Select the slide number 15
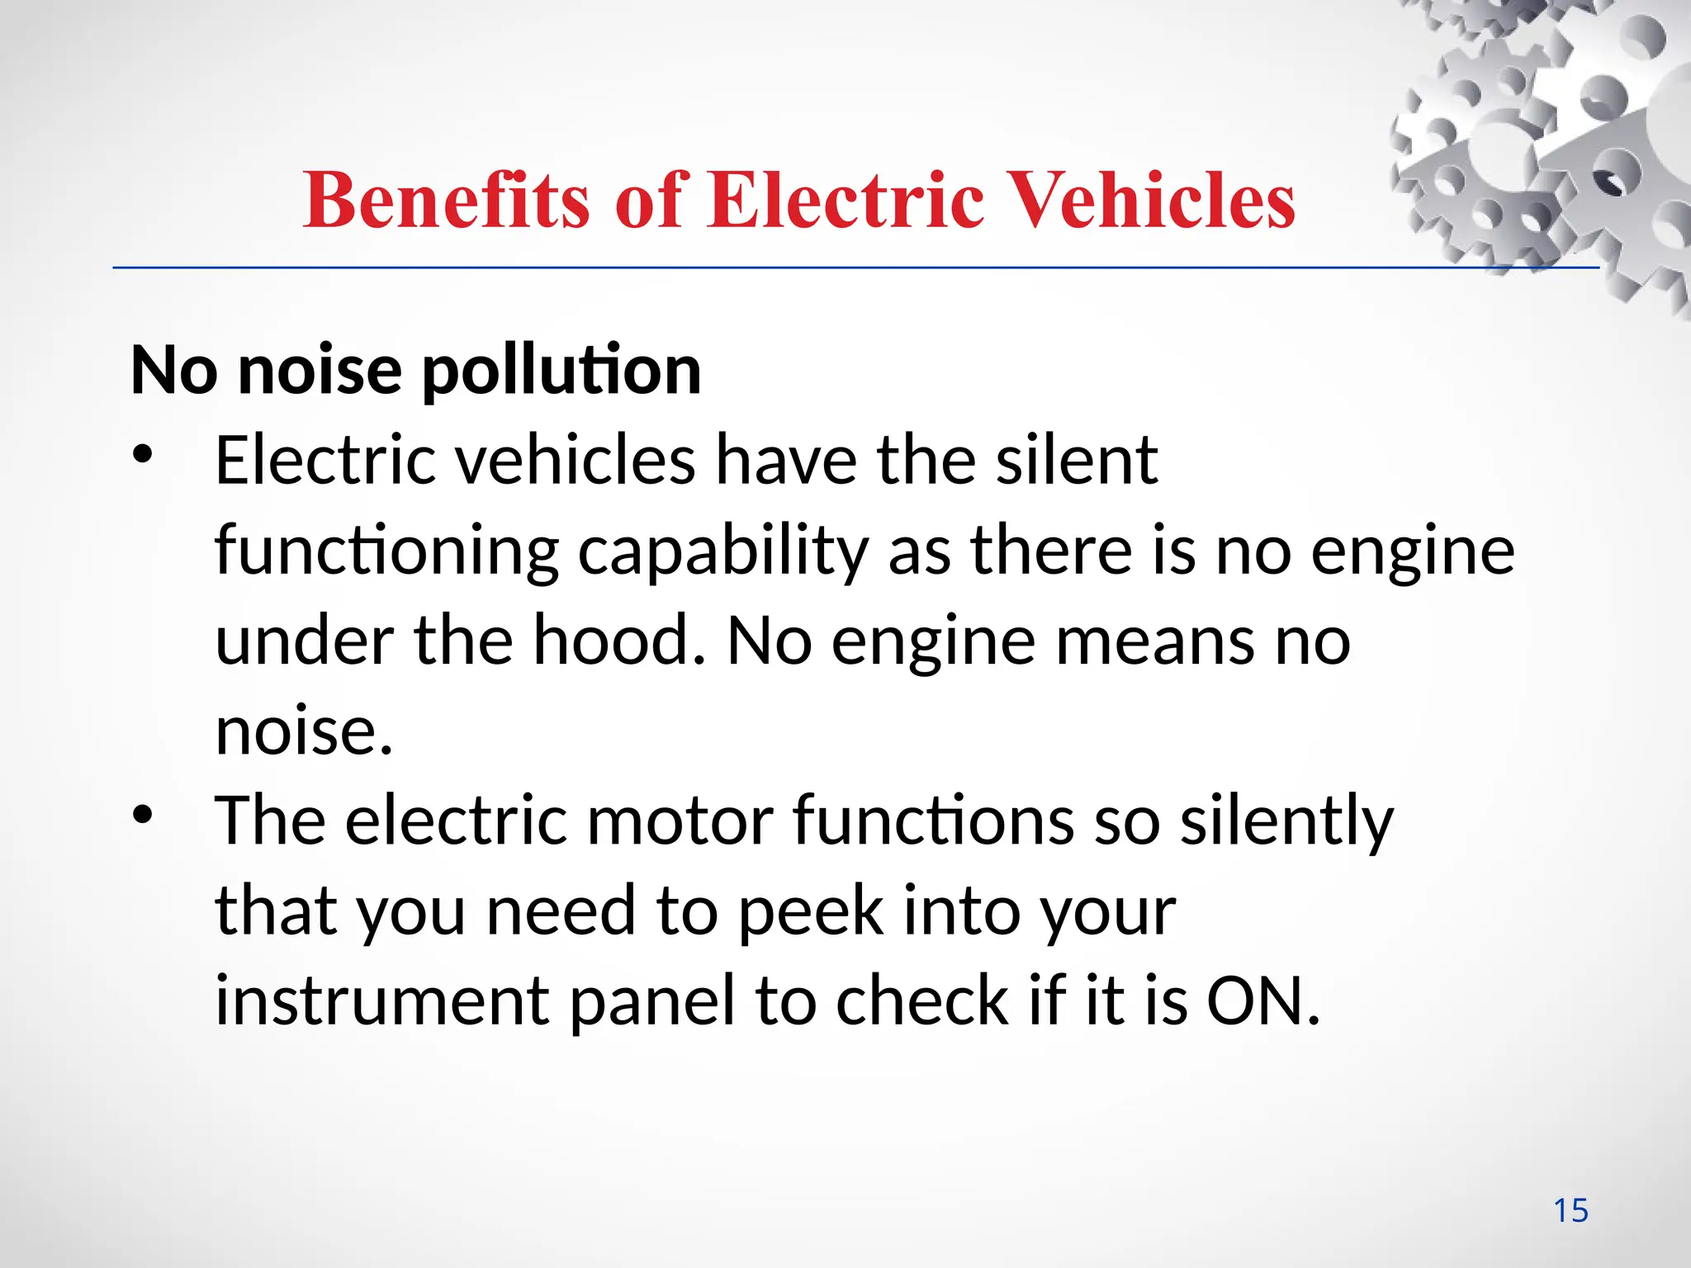pos(1570,1211)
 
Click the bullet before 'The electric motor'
pos(143,815)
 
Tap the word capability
pos(722,551)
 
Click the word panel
pos(652,1001)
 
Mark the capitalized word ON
pos(1262,1001)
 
